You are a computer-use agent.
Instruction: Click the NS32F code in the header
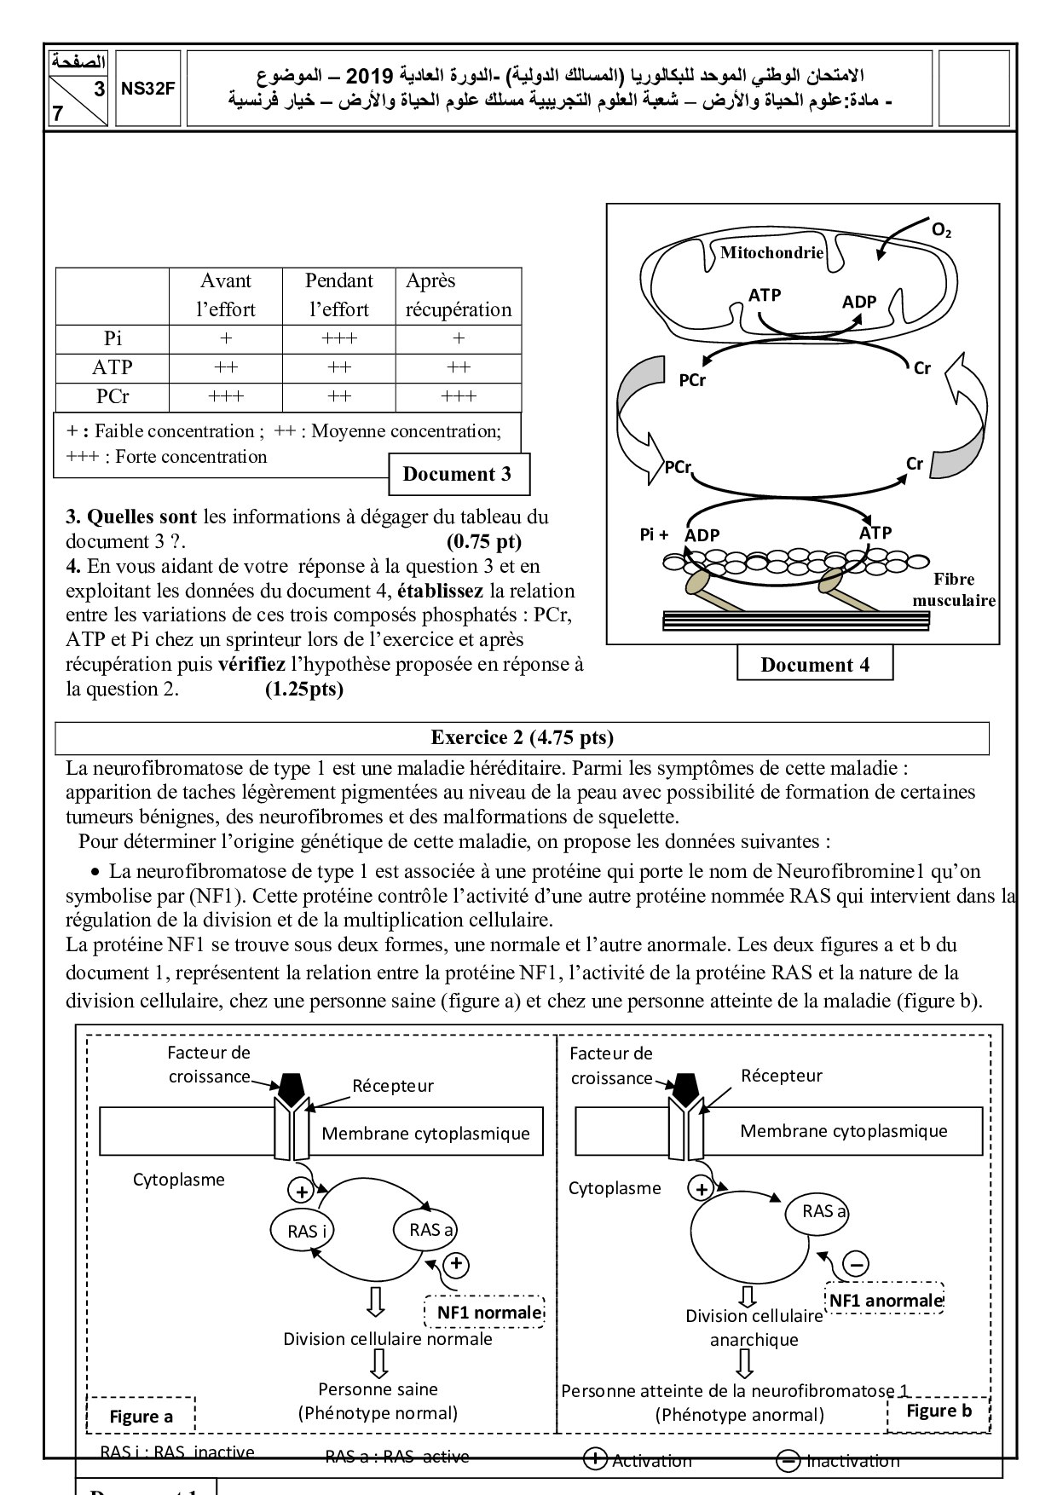point(147,88)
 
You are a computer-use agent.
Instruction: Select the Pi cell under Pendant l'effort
point(338,338)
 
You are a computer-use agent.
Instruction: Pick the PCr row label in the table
point(113,396)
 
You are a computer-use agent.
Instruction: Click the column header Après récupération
point(459,295)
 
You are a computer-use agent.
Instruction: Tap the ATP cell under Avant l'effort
point(226,367)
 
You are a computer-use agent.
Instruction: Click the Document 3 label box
point(458,475)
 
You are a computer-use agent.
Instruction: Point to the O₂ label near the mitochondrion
point(941,230)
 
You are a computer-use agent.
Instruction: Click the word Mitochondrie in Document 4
point(771,252)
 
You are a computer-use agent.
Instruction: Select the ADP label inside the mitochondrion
point(858,302)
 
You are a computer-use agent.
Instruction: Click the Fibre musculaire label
point(953,590)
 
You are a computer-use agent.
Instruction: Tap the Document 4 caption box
point(814,666)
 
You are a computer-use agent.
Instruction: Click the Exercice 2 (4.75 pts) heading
point(522,738)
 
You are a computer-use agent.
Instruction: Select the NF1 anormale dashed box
point(886,1301)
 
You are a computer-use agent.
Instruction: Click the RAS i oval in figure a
point(307,1231)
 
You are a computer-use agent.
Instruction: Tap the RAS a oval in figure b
point(823,1211)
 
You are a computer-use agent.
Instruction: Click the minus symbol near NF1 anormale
point(857,1264)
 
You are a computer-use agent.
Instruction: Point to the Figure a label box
point(141,1417)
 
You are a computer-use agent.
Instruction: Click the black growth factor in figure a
point(291,1086)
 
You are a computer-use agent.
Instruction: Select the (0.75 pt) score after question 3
point(483,541)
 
